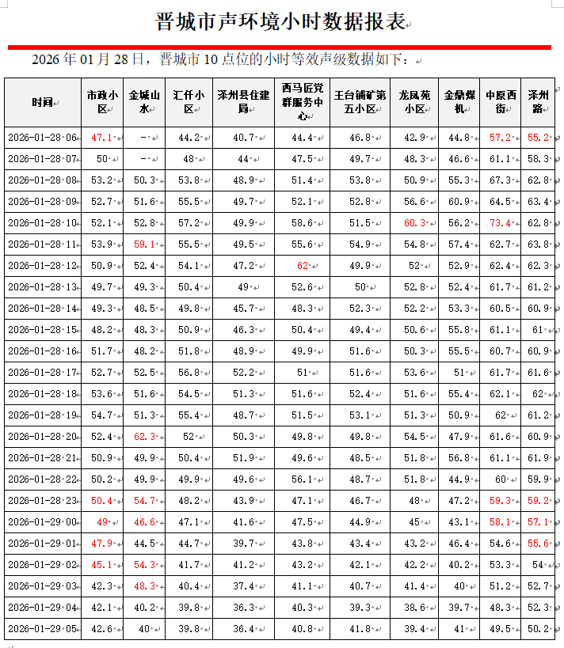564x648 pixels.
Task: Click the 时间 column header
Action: tap(43, 103)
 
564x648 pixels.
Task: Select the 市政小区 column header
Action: tap(102, 103)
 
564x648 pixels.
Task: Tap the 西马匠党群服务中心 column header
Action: tap(302, 102)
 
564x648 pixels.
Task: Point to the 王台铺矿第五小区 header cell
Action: tap(360, 103)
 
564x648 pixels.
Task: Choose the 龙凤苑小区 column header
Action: tap(414, 103)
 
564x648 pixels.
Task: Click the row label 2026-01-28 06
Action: tap(43, 138)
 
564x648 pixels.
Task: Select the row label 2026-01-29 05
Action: tap(43, 629)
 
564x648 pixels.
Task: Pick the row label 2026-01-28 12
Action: tap(43, 266)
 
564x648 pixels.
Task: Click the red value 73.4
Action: tap(499, 223)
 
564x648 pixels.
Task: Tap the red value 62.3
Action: tap(143, 437)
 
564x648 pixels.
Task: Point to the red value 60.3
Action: tap(414, 223)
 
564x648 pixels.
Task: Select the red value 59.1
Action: tap(143, 244)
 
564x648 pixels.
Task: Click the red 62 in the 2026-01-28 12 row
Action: tap(302, 266)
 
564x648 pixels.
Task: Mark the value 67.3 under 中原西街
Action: tap(499, 180)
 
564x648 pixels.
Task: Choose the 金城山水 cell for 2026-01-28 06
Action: tap(143, 138)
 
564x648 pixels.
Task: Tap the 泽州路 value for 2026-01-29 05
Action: tap(538, 629)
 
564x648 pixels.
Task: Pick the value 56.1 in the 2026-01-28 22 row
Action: tap(302, 479)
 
